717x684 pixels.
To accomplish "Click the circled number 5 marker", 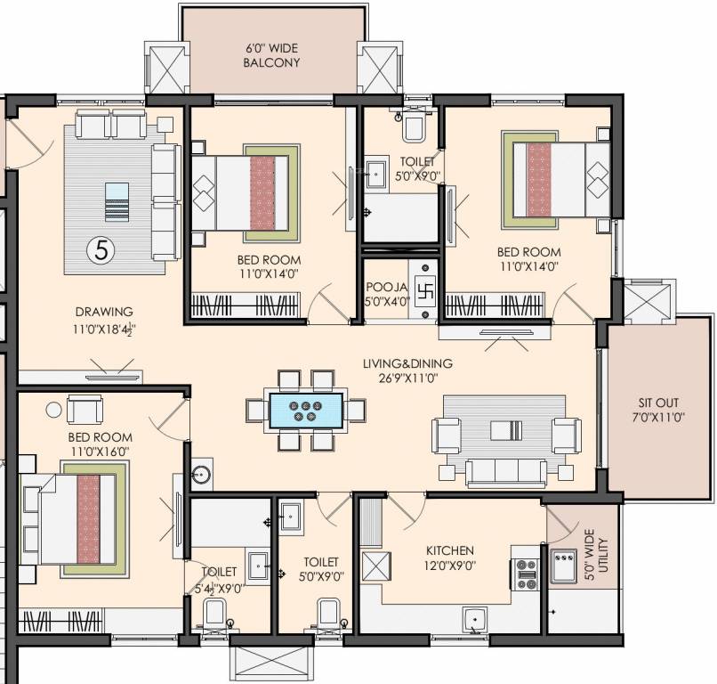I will (101, 250).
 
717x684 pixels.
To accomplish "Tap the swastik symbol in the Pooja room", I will (423, 290).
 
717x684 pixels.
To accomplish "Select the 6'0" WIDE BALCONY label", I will (272, 55).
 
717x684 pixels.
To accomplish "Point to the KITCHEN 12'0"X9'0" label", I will (448, 558).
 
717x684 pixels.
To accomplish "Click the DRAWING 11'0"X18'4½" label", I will (104, 319).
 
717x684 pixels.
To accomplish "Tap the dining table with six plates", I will (306, 411).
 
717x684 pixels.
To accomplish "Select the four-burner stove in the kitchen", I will (526, 574).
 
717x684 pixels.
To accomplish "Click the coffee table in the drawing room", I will (117, 202).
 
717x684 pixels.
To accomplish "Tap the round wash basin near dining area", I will (200, 475).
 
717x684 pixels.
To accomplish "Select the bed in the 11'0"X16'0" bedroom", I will (76, 517).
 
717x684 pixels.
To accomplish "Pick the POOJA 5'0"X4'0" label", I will (384, 294).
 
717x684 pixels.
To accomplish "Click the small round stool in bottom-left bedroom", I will (54, 409).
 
